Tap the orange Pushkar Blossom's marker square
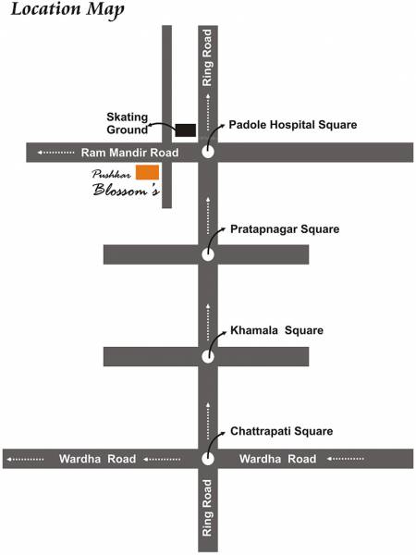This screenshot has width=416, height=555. tap(147, 172)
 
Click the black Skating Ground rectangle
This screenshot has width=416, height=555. tap(186, 129)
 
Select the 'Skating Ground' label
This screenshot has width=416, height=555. tap(128, 123)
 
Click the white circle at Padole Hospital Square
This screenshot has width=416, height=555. tap(208, 153)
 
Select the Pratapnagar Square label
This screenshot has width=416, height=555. tap(285, 228)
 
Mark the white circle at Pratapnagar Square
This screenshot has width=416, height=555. tap(208, 254)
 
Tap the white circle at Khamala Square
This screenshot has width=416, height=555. tap(208, 356)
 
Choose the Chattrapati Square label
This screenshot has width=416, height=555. tap(281, 431)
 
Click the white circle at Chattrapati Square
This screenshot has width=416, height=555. tap(208, 458)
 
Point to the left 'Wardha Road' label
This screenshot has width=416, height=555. tap(98, 458)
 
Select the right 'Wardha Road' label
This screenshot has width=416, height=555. tap(277, 458)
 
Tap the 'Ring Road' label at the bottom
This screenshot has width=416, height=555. tap(208, 509)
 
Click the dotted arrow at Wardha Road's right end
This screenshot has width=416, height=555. tap(347, 458)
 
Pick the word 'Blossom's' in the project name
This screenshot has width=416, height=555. tap(127, 191)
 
